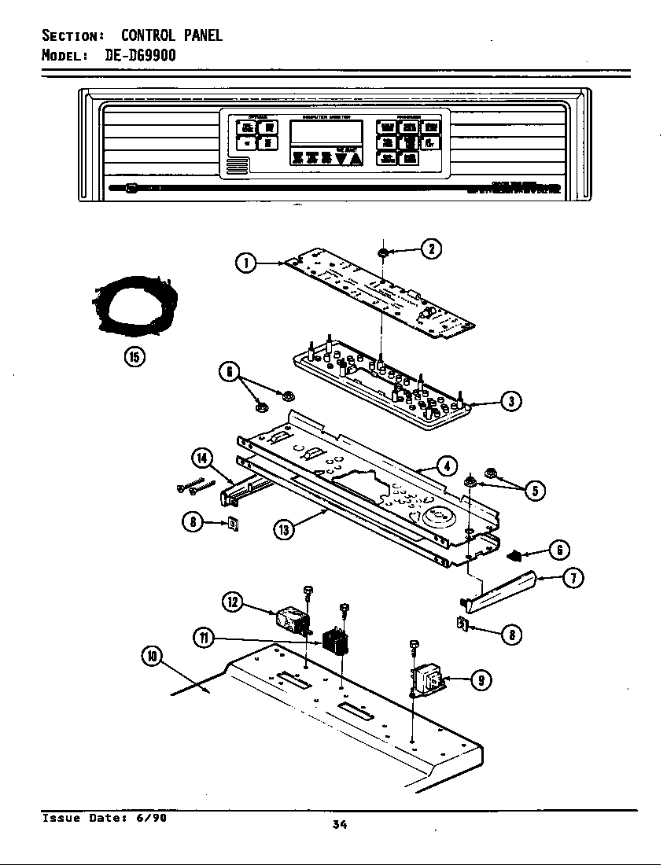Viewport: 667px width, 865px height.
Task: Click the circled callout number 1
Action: point(247,263)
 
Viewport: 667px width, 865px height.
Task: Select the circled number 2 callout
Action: point(430,249)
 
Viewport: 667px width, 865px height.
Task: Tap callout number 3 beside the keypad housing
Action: point(510,402)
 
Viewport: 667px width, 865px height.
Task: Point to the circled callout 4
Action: point(446,466)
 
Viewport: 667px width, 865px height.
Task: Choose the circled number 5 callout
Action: point(534,491)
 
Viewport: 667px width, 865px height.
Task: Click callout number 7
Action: point(574,579)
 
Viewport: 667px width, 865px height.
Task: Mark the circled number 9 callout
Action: point(477,681)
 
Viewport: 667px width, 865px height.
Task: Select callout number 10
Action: point(153,656)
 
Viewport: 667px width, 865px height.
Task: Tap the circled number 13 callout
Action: point(284,529)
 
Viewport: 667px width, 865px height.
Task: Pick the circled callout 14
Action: point(202,459)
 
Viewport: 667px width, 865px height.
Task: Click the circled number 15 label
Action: point(134,356)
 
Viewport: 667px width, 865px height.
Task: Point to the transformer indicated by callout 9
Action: point(428,680)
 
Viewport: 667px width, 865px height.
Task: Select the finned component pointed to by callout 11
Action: point(335,642)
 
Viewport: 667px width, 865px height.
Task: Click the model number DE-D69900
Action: point(140,55)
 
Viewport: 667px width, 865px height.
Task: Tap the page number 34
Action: point(340,824)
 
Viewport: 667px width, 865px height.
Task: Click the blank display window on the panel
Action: point(326,131)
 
